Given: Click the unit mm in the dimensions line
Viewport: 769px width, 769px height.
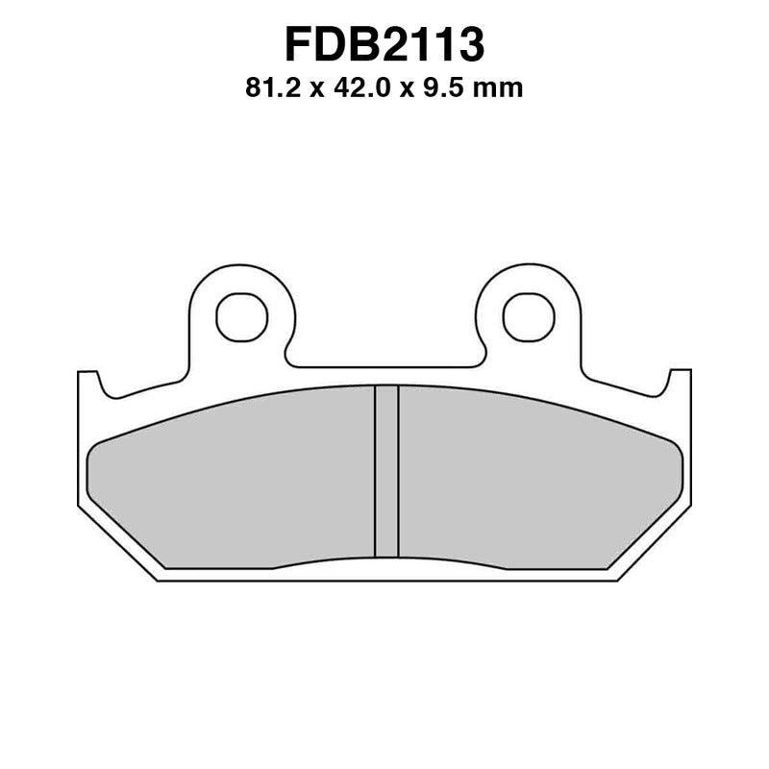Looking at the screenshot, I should click(x=501, y=88).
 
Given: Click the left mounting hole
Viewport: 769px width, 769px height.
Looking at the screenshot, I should click(x=241, y=316).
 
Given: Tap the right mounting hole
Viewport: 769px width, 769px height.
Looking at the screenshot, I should click(x=528, y=316).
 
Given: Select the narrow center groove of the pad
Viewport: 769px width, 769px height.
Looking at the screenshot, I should click(x=385, y=471).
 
